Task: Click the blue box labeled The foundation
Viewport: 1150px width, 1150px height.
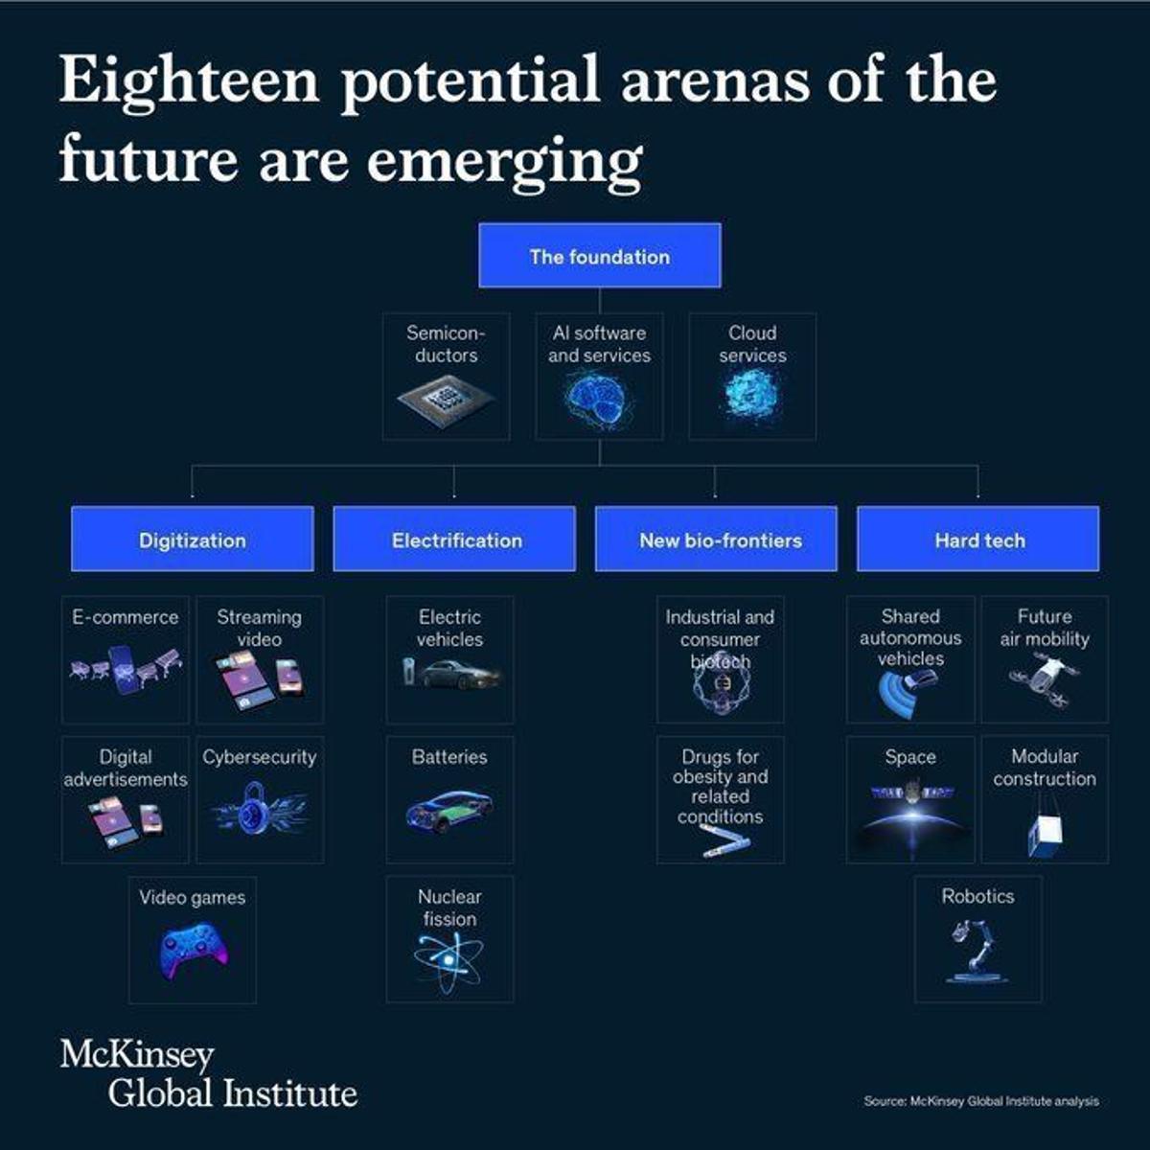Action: (599, 256)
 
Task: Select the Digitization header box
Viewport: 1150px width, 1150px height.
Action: (192, 540)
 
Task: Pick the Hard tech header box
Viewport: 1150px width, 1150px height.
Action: (977, 540)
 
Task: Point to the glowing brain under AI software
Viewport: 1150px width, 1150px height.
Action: (598, 398)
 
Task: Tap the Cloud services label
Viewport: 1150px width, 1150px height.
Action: (752, 344)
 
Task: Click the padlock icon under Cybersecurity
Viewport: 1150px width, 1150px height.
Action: (256, 806)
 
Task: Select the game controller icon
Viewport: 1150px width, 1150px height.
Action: (193, 950)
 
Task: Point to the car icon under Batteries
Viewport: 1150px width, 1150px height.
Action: (448, 810)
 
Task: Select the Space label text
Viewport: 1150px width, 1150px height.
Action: (909, 757)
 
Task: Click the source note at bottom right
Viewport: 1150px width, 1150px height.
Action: (980, 1101)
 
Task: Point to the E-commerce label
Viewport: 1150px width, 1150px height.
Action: (126, 617)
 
